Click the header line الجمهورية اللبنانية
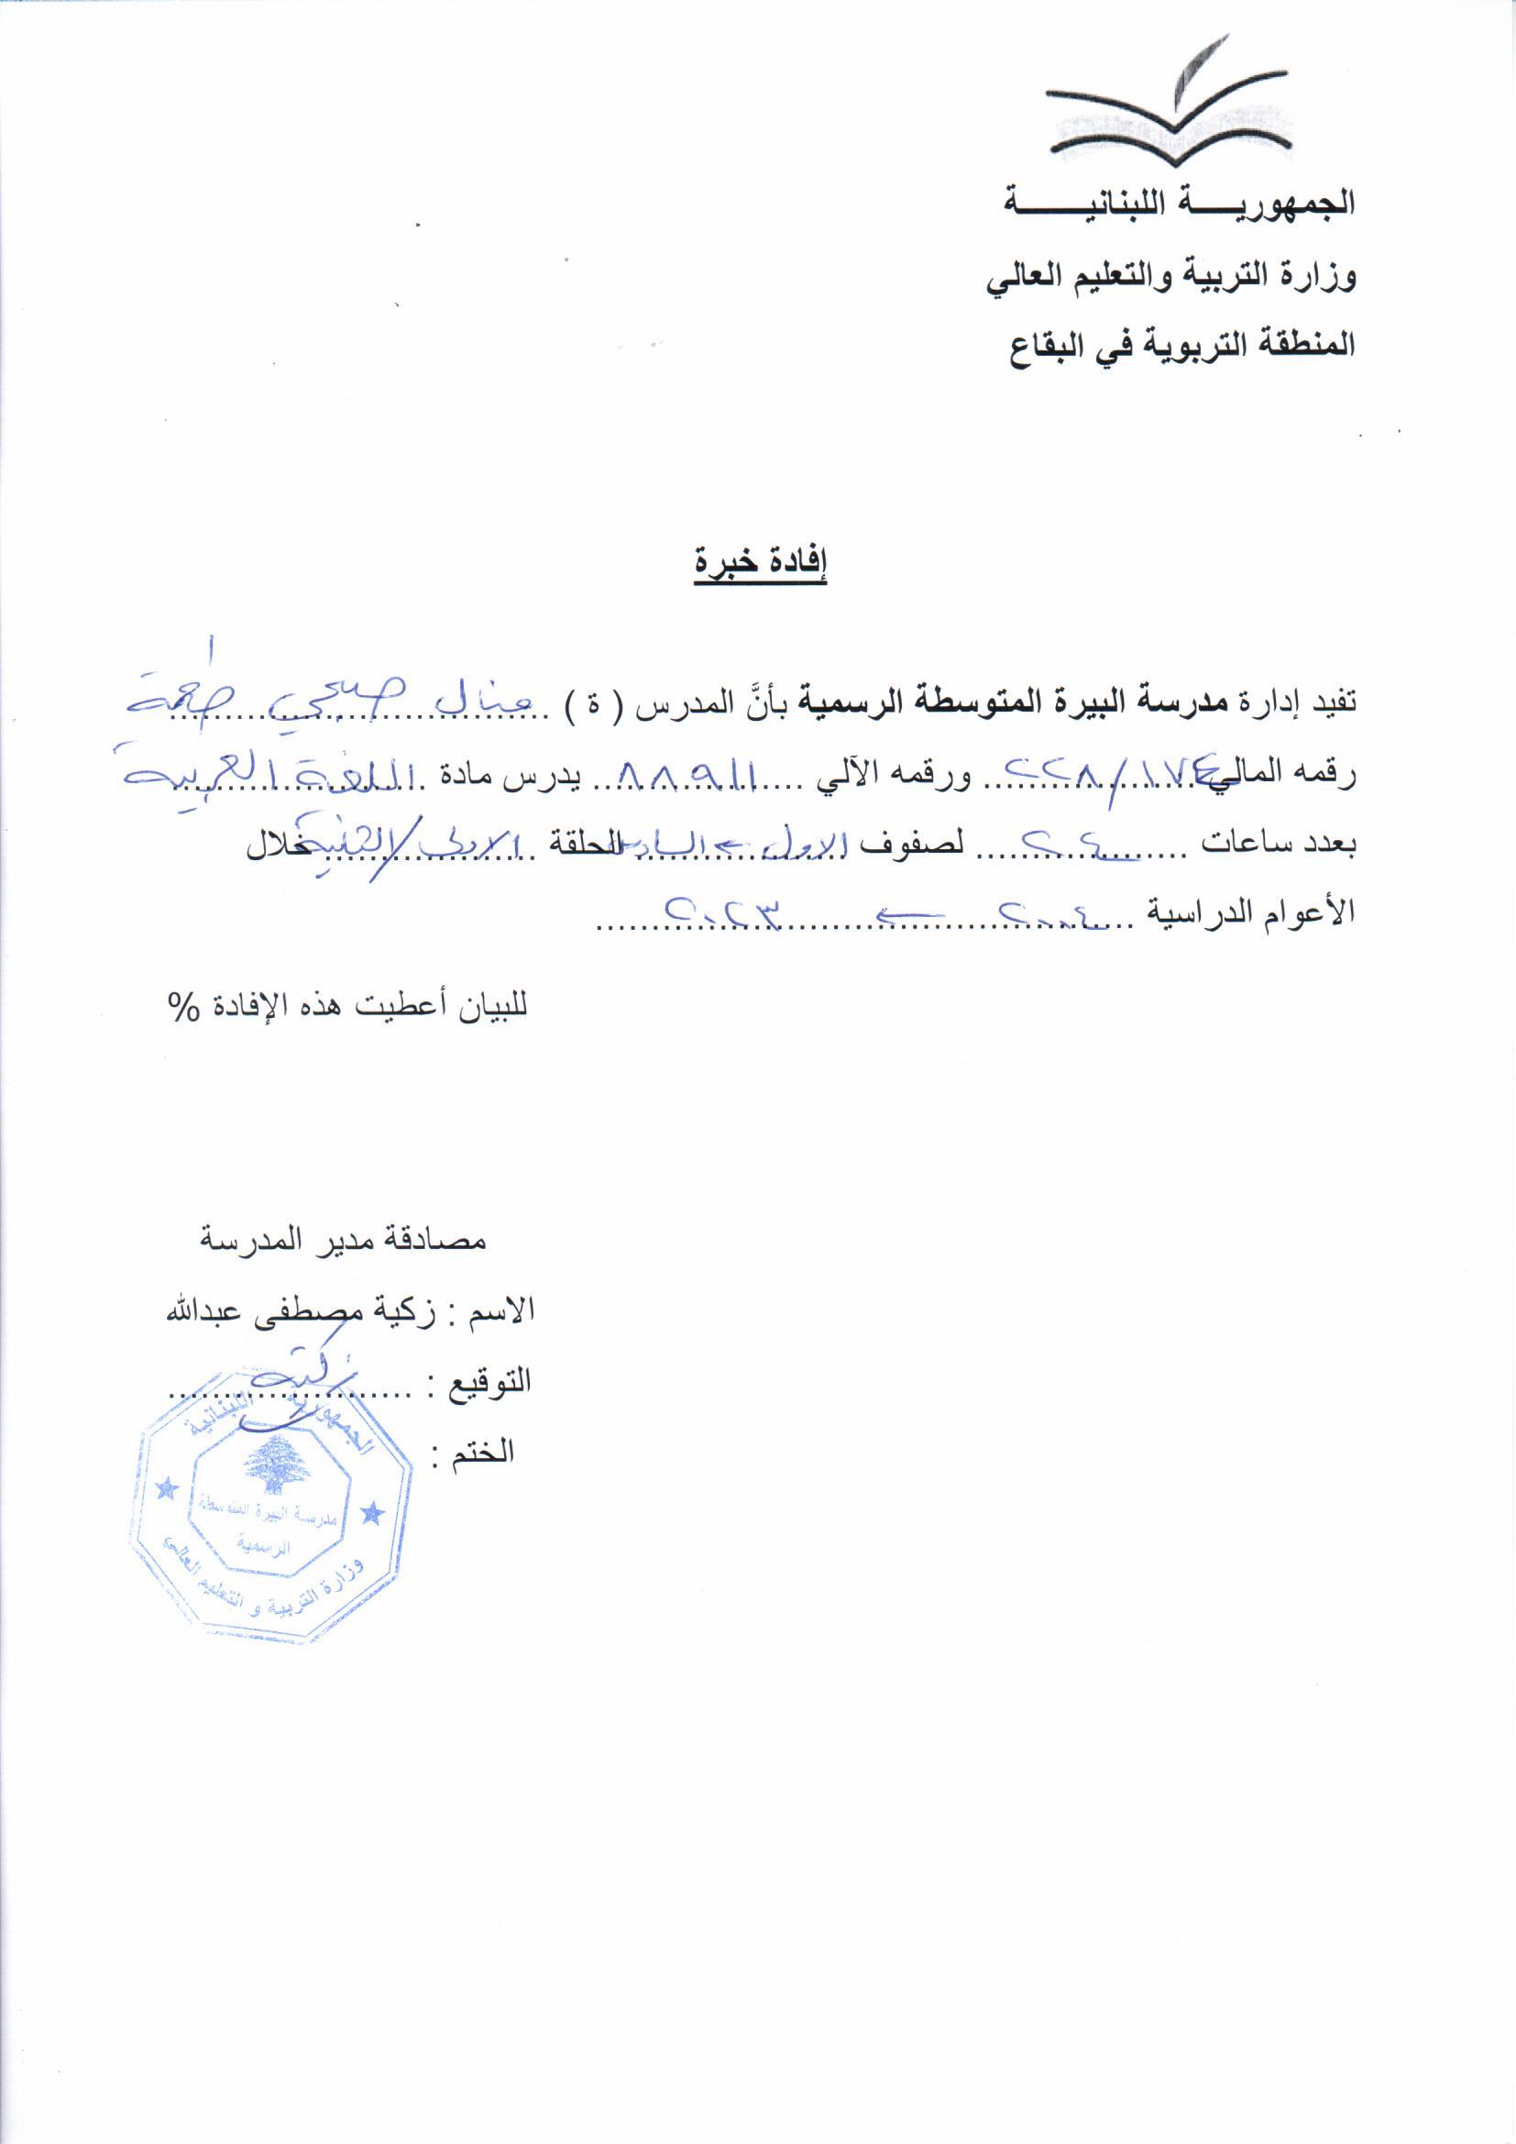coord(1178,203)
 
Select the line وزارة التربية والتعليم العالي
coord(1170,276)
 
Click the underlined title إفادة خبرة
coord(760,563)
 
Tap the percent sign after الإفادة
coord(184,1008)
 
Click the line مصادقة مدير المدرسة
coord(342,1241)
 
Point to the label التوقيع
coord(491,1381)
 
